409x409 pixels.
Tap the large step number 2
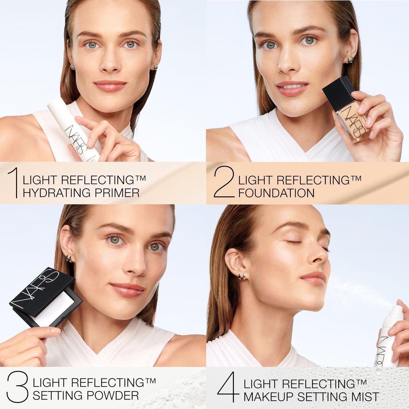[224, 182]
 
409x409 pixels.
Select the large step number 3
[18, 387]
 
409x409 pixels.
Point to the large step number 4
[229, 387]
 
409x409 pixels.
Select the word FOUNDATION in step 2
[276, 193]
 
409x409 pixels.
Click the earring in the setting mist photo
[242, 276]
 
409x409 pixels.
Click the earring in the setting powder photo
[69, 258]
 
